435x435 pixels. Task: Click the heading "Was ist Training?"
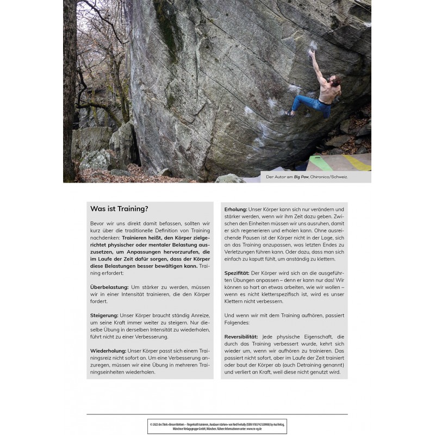(x=119, y=209)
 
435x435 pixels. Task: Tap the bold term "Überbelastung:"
(x=109, y=286)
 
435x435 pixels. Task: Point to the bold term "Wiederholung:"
(x=109, y=351)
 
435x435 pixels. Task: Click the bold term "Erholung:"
(x=236, y=209)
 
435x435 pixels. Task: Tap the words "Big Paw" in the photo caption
(x=301, y=177)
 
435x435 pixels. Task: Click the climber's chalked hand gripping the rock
(x=311, y=52)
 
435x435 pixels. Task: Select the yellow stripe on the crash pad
(x=356, y=161)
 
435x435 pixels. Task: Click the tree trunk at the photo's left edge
(x=70, y=92)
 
